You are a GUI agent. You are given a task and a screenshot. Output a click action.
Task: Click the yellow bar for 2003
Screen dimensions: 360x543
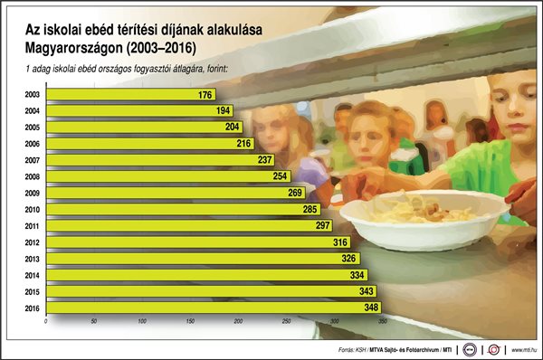pyautogui.click(x=118, y=94)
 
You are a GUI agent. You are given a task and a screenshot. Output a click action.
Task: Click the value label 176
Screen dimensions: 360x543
pyautogui.click(x=205, y=94)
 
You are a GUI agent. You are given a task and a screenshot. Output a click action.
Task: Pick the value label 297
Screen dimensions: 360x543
pyautogui.click(x=323, y=225)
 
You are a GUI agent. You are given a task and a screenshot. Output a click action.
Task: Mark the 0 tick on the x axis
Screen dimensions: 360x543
pyautogui.click(x=45, y=322)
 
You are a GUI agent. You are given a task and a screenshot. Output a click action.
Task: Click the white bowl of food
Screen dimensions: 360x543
pyautogui.click(x=424, y=218)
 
